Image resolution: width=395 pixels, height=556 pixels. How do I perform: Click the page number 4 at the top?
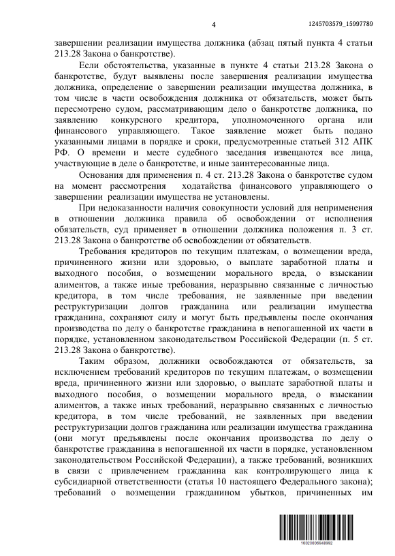point(213,26)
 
